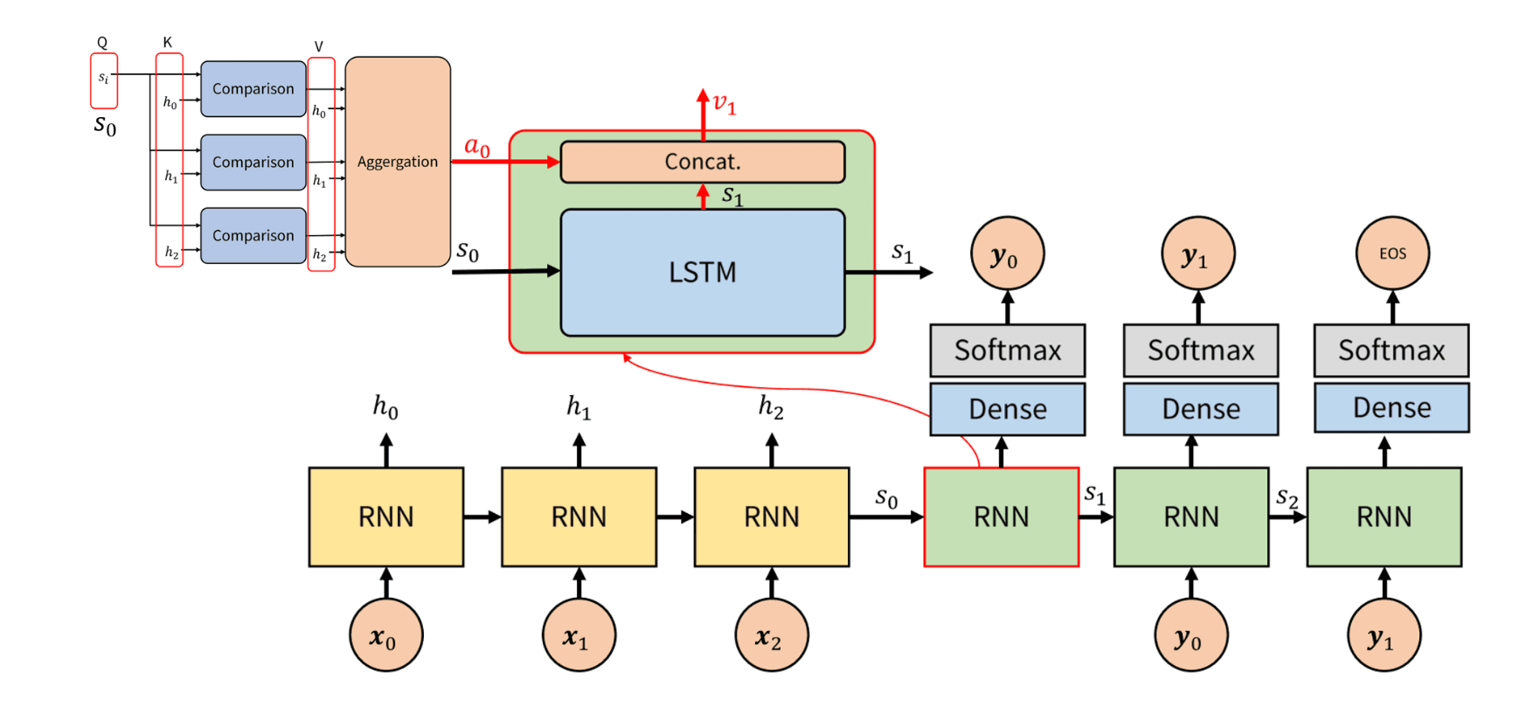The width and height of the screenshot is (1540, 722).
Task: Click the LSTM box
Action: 702,272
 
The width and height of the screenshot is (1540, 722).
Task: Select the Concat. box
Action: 702,162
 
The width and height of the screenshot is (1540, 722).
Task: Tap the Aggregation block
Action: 398,162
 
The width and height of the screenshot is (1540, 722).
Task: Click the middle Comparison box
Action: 253,162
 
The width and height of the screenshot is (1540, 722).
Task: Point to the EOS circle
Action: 1392,253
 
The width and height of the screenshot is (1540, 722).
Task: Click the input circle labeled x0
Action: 385,635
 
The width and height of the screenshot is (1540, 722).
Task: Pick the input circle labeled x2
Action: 771,635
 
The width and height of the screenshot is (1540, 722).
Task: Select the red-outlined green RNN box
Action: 1001,517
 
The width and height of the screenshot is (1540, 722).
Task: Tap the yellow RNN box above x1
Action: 579,517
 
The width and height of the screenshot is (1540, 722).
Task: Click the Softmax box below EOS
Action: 1391,351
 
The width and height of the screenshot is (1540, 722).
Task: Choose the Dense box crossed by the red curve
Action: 1007,409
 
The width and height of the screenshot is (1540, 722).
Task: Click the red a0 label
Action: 477,146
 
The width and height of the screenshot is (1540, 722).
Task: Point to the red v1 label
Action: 725,104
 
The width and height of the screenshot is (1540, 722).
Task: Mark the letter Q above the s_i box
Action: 102,43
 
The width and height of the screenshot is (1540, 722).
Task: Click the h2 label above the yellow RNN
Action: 771,406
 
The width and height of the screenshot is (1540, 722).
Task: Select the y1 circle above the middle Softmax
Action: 1197,253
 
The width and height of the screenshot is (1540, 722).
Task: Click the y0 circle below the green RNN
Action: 1190,635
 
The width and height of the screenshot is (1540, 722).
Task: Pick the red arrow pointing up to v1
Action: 703,114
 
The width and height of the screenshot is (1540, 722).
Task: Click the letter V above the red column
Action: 319,47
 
